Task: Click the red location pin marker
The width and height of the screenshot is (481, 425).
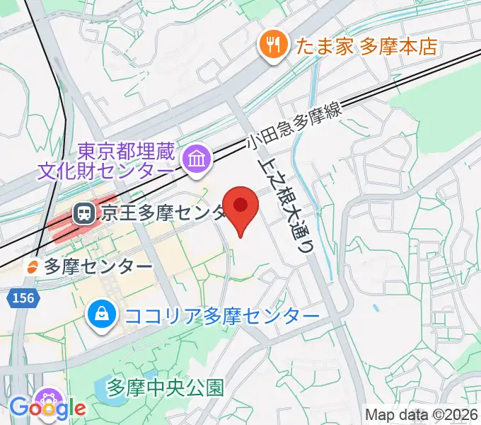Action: [240, 208]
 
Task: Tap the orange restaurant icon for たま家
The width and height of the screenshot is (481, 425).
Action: [272, 47]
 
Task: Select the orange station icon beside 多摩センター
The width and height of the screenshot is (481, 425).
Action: [32, 266]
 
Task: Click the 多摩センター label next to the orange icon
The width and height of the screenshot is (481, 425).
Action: [98, 266]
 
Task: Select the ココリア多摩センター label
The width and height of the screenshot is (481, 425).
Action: [221, 314]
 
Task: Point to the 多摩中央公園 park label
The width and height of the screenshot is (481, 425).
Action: [166, 387]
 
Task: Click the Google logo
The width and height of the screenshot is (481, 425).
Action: [47, 409]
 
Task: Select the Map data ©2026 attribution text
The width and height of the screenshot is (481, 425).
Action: [421, 414]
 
